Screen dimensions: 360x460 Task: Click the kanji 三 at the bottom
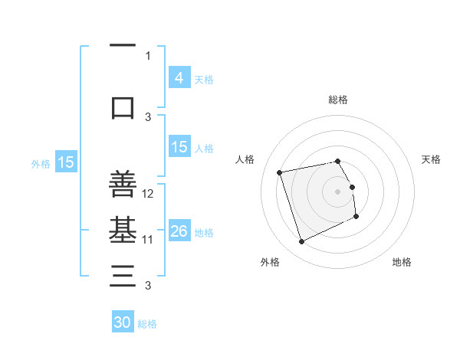(123, 276)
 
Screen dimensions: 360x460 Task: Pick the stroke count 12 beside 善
(149, 194)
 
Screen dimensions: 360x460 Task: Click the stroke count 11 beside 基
(149, 240)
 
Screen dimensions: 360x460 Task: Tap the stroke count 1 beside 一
(148, 56)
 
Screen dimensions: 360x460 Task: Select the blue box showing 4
(179, 77)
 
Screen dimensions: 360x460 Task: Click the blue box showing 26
(179, 231)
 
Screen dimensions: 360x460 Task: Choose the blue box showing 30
(123, 322)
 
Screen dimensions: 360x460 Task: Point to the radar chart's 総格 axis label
(338, 100)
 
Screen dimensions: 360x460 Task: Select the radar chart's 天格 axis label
(432, 159)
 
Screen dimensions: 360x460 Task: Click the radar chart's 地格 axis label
(402, 263)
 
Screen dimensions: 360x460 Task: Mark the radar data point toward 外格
(301, 242)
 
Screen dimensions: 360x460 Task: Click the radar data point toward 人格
(280, 172)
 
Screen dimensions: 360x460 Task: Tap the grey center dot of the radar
(338, 191)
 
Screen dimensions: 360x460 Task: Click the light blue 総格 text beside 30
(148, 324)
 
